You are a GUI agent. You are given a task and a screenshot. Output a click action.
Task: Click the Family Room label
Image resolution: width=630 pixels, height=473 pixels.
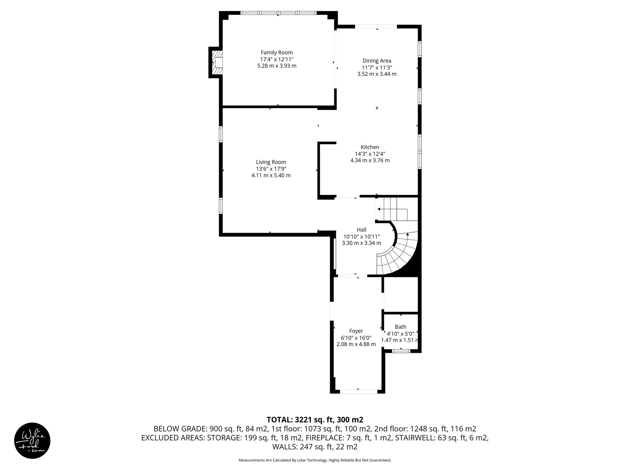coord(277,53)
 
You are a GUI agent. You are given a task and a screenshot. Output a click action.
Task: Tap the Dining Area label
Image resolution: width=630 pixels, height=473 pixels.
coord(377,61)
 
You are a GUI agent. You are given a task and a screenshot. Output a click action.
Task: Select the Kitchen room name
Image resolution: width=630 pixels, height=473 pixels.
coord(370,147)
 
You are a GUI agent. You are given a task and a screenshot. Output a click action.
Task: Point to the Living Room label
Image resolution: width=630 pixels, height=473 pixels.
coord(271,162)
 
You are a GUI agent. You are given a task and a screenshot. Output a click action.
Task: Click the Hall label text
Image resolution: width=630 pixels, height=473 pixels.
coord(361,230)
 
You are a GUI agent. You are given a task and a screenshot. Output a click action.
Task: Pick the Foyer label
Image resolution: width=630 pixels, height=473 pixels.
coord(356,331)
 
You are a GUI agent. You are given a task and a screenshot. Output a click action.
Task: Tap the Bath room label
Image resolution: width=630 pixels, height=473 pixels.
coord(400,327)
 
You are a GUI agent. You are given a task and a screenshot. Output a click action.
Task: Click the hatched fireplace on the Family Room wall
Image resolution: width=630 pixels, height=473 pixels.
coord(217,63)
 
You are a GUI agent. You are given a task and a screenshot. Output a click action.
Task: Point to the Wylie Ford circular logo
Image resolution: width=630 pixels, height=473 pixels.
coord(32,440)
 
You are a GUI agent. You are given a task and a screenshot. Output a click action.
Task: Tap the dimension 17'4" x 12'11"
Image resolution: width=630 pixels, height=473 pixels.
coord(277,59)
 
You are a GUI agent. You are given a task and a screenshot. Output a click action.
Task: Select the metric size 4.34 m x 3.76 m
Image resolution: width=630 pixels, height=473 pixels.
coord(370,160)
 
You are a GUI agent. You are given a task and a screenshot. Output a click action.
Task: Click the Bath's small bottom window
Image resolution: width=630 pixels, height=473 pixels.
coord(401,350)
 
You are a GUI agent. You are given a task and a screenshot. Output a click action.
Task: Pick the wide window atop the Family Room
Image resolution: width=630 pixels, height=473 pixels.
coord(278,13)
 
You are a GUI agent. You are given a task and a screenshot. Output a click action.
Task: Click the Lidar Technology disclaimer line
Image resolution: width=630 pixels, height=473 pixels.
coord(315,460)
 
